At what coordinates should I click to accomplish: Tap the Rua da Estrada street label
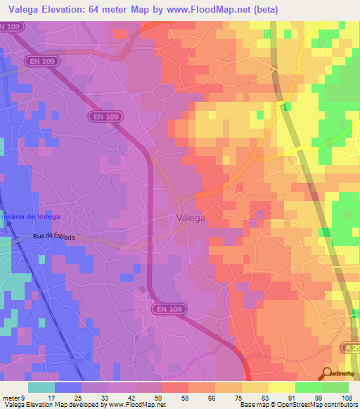point(53,238)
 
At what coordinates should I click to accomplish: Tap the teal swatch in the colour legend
point(41,387)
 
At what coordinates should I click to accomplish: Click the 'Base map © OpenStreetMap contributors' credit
point(296,405)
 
